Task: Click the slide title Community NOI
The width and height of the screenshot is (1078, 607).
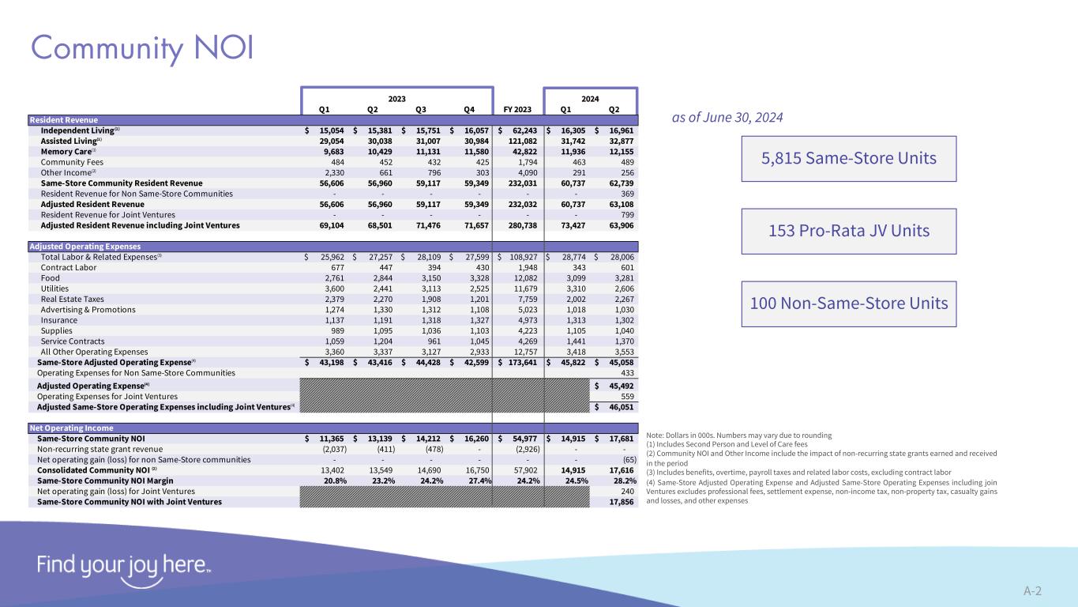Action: (142, 47)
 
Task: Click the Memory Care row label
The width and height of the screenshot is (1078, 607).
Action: (68, 150)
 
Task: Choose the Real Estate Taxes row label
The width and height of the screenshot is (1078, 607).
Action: (72, 300)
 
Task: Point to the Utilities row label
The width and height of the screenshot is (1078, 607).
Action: (55, 288)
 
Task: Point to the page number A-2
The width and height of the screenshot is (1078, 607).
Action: (1032, 590)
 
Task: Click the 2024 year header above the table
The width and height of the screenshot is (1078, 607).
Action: (590, 99)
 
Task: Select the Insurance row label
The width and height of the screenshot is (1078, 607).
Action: (58, 321)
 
